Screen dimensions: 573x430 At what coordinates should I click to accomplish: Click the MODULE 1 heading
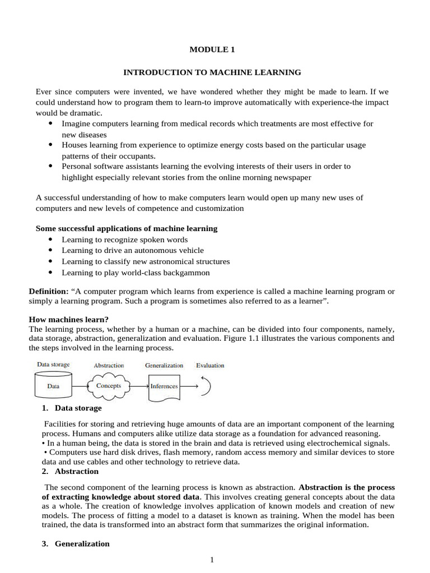(x=212, y=50)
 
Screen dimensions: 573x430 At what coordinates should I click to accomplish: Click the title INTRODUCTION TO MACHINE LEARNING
(x=212, y=72)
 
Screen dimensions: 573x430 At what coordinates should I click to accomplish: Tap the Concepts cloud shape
(x=109, y=386)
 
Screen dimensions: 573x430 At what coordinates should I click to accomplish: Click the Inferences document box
(x=163, y=387)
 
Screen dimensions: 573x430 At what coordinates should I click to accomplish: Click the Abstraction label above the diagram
(x=109, y=365)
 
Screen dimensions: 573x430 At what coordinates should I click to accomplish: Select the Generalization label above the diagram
(x=163, y=365)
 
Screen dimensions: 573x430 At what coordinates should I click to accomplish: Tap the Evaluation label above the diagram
(x=210, y=365)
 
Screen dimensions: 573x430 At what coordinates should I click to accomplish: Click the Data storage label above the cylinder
(x=53, y=365)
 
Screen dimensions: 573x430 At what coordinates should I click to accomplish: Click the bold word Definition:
(x=48, y=292)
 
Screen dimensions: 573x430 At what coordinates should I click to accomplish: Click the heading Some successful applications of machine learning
(x=127, y=228)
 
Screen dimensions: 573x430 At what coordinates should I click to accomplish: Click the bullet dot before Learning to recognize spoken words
(x=50, y=239)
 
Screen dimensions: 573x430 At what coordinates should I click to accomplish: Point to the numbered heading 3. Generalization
(x=76, y=543)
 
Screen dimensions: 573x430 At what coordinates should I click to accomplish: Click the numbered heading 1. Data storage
(x=72, y=408)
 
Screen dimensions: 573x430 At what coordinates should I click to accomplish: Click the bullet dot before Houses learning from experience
(x=50, y=144)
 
